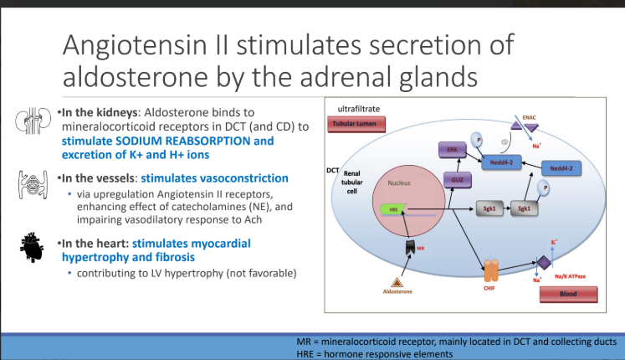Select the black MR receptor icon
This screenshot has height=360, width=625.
coord(411,249)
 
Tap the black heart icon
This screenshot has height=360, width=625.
coord(31,247)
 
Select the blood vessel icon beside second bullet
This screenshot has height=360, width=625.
coord(29,183)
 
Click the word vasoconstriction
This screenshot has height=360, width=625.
coord(243,178)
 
